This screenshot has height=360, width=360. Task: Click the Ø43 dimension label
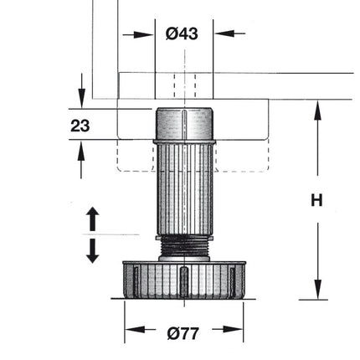pyautogui.click(x=182, y=33)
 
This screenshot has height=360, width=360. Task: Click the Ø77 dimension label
pyautogui.click(x=183, y=332)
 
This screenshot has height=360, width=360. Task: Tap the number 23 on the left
pyautogui.click(x=80, y=126)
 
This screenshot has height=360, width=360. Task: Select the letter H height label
pyautogui.click(x=316, y=200)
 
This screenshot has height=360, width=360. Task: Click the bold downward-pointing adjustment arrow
pyautogui.click(x=93, y=250)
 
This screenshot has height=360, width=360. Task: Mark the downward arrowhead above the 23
pyautogui.click(x=81, y=100)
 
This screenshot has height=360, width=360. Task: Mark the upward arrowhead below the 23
pyautogui.click(x=81, y=151)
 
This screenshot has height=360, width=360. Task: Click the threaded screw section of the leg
pyautogui.click(x=183, y=248)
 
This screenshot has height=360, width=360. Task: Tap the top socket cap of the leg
pyautogui.click(x=183, y=124)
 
